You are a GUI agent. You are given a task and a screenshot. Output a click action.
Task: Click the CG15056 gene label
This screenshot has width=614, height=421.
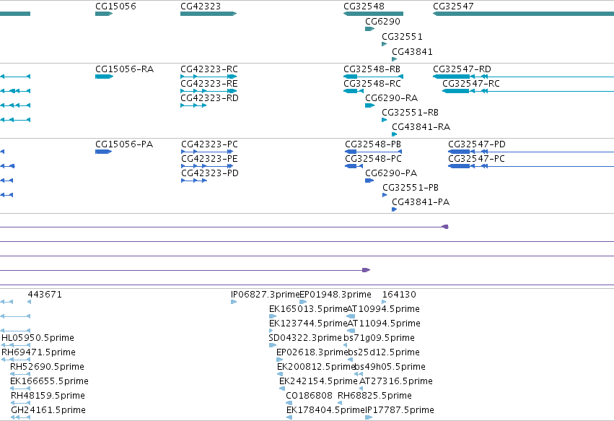click(x=115, y=6)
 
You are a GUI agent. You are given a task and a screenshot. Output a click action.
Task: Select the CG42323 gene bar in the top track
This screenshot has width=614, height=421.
click(x=209, y=14)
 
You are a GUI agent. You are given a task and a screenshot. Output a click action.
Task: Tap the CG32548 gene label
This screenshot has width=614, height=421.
click(x=364, y=6)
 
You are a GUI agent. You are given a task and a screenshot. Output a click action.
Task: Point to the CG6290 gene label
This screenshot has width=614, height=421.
click(x=382, y=21)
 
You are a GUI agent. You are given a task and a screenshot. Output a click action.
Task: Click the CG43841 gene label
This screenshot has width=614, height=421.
click(x=412, y=51)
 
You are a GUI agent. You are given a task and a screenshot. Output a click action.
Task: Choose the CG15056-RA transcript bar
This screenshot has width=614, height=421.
click(x=104, y=77)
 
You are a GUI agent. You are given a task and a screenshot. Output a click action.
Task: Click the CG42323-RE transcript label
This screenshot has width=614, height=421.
click(x=209, y=84)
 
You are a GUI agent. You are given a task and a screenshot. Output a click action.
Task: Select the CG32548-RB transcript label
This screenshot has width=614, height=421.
click(x=372, y=69)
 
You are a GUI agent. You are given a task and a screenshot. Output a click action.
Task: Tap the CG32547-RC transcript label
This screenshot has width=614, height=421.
click(x=471, y=84)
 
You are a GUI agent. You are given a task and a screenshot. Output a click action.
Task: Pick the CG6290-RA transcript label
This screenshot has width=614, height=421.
click(x=391, y=98)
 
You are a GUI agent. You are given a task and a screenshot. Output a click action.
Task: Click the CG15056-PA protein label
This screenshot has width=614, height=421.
click(x=124, y=144)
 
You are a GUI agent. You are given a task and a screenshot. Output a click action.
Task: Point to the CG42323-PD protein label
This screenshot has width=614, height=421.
click(x=210, y=173)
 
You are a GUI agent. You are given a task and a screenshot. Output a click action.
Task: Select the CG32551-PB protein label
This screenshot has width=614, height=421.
click(x=411, y=187)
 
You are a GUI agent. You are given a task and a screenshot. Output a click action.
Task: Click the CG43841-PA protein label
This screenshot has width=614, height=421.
click(x=421, y=202)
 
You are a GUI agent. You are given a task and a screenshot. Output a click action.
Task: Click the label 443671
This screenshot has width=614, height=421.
click(x=45, y=295)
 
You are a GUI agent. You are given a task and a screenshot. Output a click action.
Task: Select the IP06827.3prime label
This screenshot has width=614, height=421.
click(x=265, y=295)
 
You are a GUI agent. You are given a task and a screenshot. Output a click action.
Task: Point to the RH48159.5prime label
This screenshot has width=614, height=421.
click(x=48, y=396)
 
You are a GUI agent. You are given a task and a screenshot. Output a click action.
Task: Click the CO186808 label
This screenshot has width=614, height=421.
click(x=309, y=396)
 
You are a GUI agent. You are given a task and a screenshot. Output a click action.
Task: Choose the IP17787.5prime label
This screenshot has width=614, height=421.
click(x=400, y=410)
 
